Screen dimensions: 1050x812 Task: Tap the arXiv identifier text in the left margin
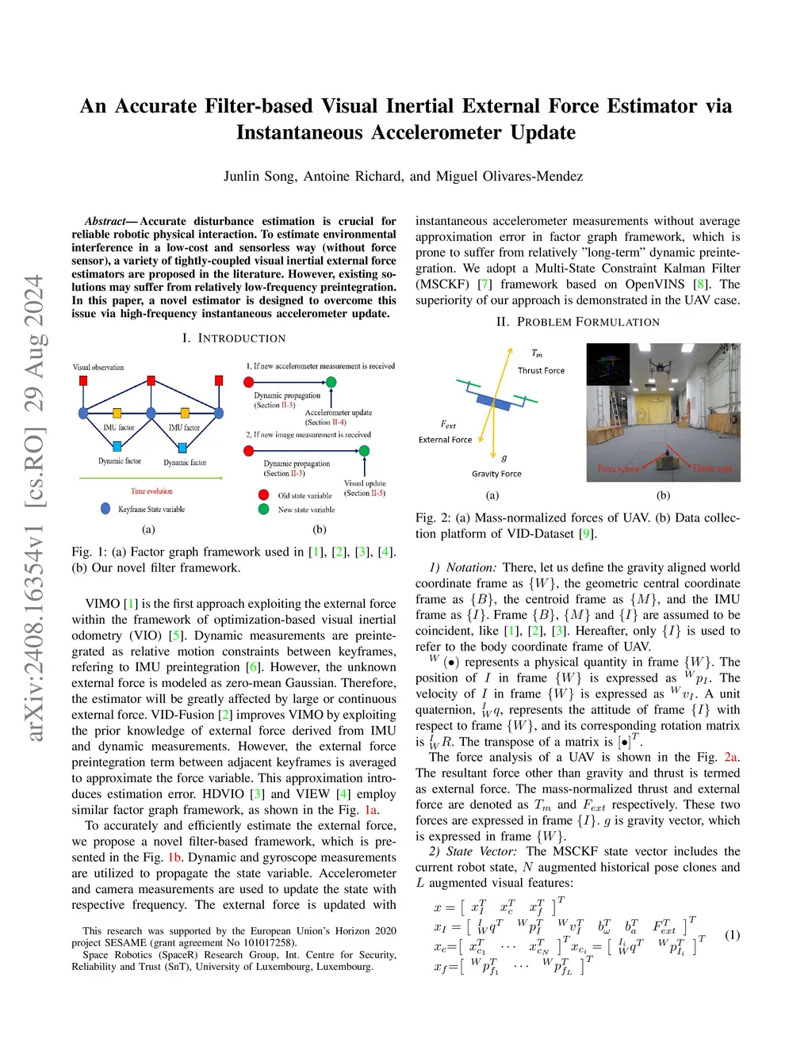[x=34, y=507]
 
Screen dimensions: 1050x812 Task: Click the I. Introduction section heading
[x=233, y=338]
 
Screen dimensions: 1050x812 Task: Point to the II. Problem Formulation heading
[x=577, y=322]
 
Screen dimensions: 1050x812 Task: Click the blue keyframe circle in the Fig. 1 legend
[x=105, y=509]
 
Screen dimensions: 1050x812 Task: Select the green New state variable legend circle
[x=264, y=510]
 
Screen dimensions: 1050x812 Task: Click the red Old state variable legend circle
[x=264, y=495]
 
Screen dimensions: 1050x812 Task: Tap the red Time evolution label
[x=151, y=491]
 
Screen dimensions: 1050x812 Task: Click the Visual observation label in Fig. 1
[x=98, y=368]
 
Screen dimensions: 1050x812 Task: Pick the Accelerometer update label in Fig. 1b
[x=339, y=413]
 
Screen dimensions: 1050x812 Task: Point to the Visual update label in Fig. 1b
[x=365, y=483]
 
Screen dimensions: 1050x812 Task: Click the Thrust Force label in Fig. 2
[x=541, y=371]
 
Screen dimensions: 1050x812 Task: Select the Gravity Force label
[x=496, y=474]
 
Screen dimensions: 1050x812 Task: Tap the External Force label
[x=445, y=440]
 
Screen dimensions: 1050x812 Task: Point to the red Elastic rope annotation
[x=712, y=469]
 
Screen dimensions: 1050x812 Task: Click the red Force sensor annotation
[x=619, y=469]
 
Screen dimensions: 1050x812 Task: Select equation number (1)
[x=732, y=935]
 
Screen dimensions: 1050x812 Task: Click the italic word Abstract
[x=105, y=222]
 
